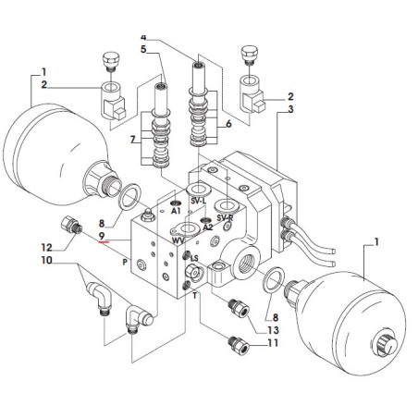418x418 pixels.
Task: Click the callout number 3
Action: (290, 109)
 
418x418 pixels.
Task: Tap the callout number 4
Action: (143, 37)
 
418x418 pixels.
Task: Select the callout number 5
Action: (143, 49)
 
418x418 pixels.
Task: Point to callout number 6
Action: (228, 124)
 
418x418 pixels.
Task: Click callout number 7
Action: (133, 140)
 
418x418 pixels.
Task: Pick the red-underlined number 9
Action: (102, 236)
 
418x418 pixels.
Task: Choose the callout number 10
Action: (47, 261)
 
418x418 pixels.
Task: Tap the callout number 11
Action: (273, 343)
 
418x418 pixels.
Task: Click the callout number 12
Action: (47, 247)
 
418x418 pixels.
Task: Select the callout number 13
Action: (273, 330)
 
